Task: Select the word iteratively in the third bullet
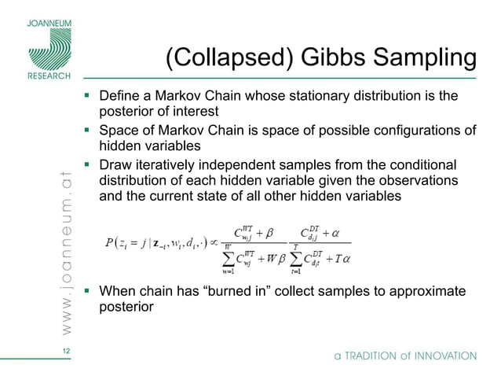coord(170,165)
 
